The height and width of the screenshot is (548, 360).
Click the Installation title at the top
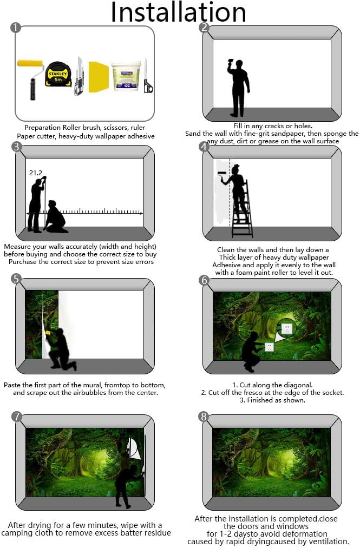point(179,12)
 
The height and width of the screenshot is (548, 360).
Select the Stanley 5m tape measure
point(58,74)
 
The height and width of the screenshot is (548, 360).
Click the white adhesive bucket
point(126,76)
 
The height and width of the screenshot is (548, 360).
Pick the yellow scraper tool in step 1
point(99,77)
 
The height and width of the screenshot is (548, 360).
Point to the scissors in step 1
point(148,76)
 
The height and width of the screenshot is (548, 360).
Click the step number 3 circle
point(16,147)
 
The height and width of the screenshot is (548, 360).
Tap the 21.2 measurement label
point(36,173)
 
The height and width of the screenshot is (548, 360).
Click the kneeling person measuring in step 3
point(56,217)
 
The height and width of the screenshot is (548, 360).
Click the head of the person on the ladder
point(235,169)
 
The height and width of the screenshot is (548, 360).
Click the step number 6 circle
point(204,280)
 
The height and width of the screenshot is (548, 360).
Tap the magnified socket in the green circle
point(286,328)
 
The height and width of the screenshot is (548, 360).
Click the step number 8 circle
point(204,416)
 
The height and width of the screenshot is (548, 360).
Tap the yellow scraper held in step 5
point(48,333)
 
